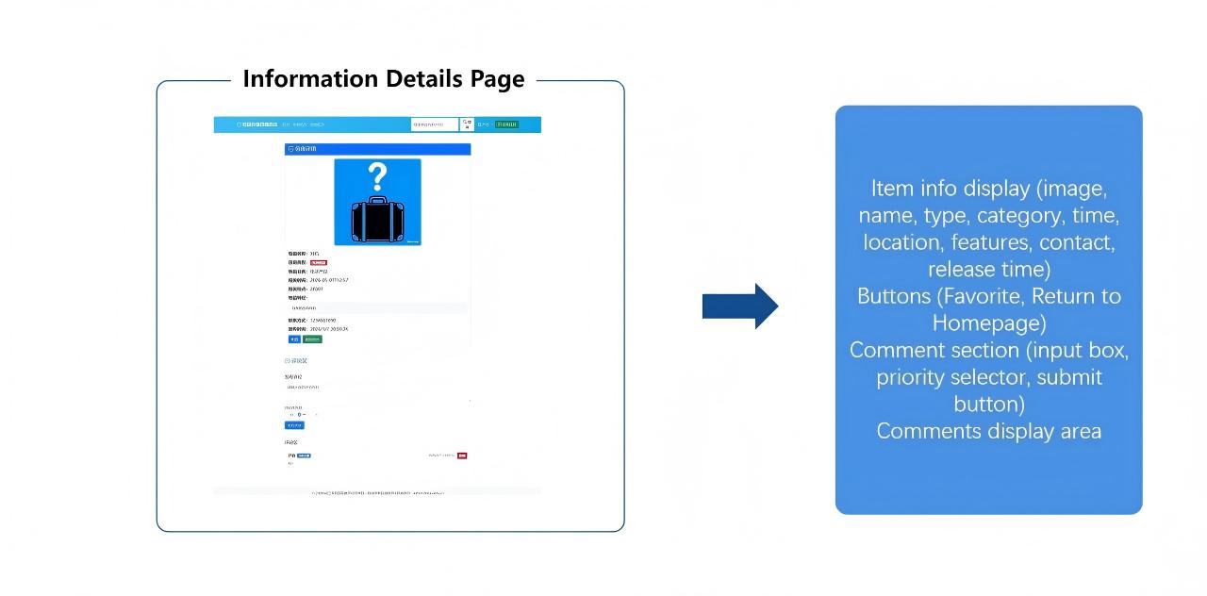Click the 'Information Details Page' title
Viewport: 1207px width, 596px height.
tap(383, 79)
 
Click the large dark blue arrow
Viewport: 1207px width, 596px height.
tap(739, 306)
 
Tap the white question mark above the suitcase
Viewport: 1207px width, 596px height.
tap(377, 176)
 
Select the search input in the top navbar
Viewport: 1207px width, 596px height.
tap(434, 124)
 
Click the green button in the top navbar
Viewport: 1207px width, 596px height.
tap(507, 124)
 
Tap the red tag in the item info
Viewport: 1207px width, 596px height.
tap(318, 262)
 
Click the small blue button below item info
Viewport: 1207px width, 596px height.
tap(294, 339)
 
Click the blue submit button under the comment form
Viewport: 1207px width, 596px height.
tap(294, 425)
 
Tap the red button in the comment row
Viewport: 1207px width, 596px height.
tap(462, 455)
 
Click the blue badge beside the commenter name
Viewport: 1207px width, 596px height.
tap(304, 455)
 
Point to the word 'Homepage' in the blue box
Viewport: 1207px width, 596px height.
tap(988, 323)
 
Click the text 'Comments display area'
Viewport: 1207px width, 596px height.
tap(988, 431)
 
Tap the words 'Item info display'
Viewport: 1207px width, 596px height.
tap(951, 189)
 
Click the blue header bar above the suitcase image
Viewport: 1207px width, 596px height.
tap(377, 149)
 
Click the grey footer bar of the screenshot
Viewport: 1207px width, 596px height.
tap(377, 491)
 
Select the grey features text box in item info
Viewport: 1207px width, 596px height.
tap(377, 308)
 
